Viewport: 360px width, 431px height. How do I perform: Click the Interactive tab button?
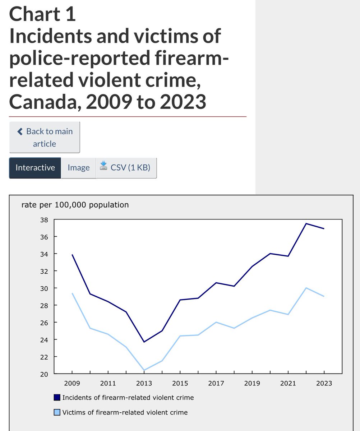tap(35, 168)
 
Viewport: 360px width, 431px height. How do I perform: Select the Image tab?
tap(78, 168)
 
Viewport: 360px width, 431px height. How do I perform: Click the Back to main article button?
tap(45, 137)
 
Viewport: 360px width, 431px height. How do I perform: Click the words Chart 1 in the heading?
tap(42, 14)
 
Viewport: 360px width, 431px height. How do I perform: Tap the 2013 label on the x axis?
tap(144, 383)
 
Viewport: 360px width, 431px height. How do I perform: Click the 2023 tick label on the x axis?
tap(324, 383)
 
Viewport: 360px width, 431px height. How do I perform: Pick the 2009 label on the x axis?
tap(72, 383)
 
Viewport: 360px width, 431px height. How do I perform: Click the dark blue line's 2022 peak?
tap(306, 223)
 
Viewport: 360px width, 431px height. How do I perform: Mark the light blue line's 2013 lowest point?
tap(144, 370)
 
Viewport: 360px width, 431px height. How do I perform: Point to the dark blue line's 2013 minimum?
tap(144, 342)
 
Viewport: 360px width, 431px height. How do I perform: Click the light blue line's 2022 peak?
tap(306, 288)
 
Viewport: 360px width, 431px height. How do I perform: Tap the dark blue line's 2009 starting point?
tap(72, 255)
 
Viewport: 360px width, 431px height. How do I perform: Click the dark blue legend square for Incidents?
tap(57, 398)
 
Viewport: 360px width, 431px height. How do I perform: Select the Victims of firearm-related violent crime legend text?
tap(125, 412)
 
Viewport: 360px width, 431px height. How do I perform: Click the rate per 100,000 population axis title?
tap(75, 205)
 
